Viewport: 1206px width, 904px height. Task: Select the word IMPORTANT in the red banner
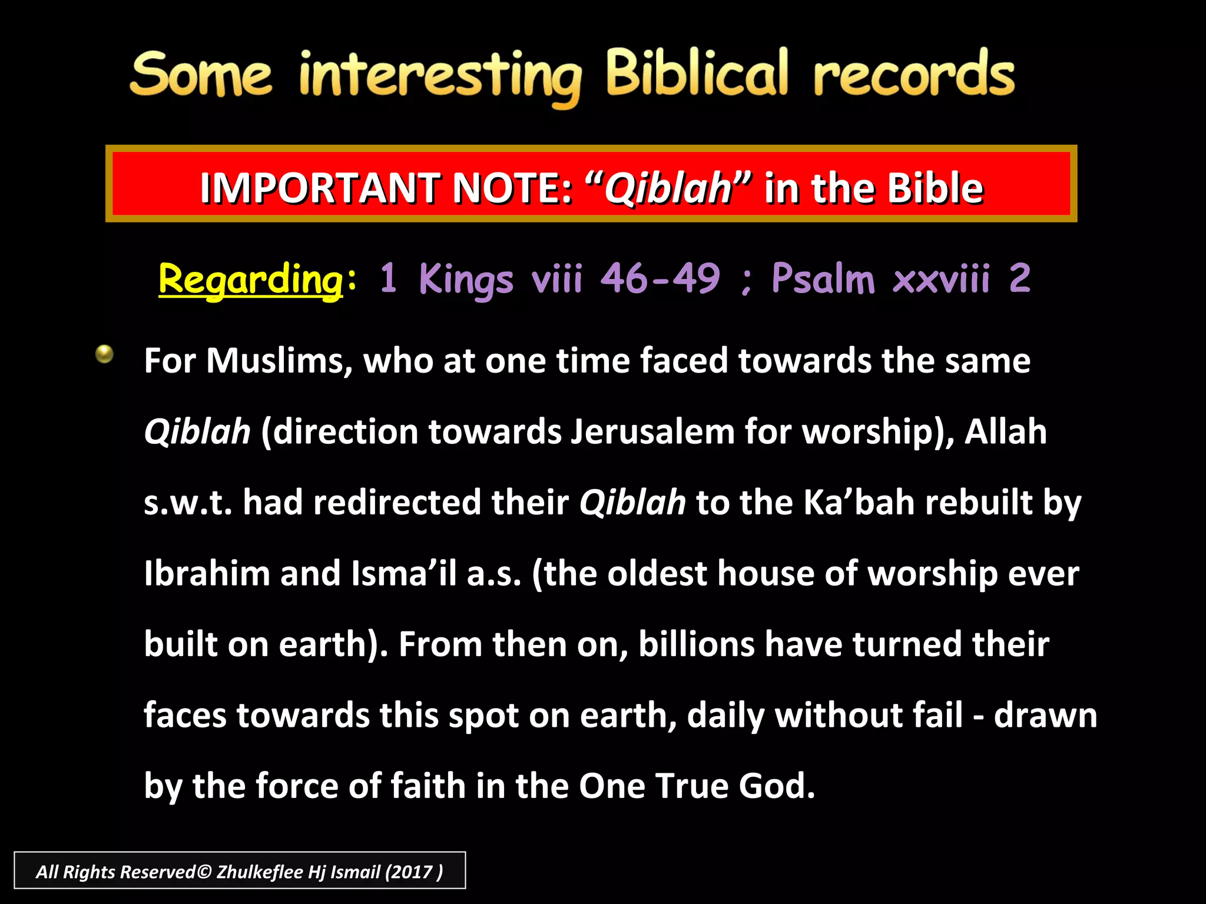click(319, 188)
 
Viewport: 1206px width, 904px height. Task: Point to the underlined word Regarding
click(251, 279)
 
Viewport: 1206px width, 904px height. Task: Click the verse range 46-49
click(660, 278)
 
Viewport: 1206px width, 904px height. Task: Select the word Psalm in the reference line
click(823, 278)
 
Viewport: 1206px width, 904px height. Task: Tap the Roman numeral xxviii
click(941, 279)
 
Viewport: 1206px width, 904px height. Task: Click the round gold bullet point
click(104, 354)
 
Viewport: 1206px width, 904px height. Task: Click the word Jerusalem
click(652, 431)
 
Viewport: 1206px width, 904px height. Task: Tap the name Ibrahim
click(207, 573)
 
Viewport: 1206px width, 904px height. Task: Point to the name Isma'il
click(404, 573)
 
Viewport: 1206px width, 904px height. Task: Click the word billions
click(696, 644)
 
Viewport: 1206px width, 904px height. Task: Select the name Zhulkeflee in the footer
click(260, 872)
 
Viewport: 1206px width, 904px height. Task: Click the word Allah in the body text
click(1005, 431)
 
